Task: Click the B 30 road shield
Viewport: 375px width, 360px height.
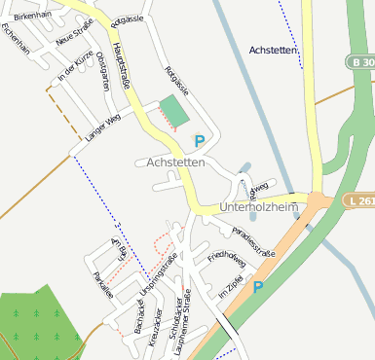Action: click(x=360, y=61)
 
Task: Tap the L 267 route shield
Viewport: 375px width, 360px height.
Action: click(x=358, y=201)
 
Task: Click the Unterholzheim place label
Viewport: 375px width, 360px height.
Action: click(x=257, y=206)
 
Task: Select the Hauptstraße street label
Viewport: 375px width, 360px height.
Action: click(x=122, y=70)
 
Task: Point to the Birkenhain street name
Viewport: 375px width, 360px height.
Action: click(x=31, y=17)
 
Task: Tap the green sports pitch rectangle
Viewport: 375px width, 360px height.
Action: click(x=174, y=111)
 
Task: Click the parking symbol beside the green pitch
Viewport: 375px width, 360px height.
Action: click(x=200, y=141)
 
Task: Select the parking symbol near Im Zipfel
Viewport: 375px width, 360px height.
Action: click(x=258, y=287)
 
